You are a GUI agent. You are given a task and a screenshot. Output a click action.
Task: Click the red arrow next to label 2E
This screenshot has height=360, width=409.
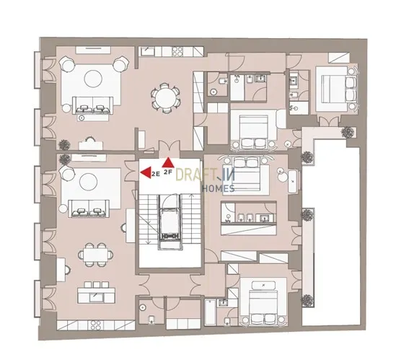click(x=146, y=172)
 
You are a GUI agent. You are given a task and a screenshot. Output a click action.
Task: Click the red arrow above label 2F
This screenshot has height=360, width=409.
click(x=168, y=162)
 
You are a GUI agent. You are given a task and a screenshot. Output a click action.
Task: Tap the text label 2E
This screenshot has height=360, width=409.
click(x=156, y=175)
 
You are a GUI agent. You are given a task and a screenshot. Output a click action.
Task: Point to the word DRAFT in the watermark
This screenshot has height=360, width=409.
click(x=195, y=175)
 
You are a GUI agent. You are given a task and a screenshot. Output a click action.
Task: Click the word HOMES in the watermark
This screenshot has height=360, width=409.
click(x=218, y=188)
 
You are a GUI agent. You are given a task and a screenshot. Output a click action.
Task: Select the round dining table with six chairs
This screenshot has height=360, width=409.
click(x=165, y=98)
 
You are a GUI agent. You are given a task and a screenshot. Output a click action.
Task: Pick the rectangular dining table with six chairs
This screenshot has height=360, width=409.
click(x=96, y=255)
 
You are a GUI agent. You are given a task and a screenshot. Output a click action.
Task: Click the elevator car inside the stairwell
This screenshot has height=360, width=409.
click(x=170, y=221)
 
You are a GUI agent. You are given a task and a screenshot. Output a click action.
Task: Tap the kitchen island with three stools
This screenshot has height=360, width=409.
click(x=96, y=293)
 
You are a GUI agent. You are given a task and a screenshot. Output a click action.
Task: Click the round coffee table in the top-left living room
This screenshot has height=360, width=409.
click(x=93, y=79)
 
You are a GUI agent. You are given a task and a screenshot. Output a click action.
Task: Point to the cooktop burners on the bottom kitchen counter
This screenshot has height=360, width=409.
click(x=95, y=325)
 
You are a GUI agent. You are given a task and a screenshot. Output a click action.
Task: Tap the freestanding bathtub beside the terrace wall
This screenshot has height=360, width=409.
click(x=293, y=182)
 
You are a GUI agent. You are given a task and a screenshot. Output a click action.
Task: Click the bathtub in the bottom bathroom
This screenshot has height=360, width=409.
click(x=210, y=312)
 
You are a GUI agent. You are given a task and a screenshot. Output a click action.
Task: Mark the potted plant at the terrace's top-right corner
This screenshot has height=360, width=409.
click(x=348, y=132)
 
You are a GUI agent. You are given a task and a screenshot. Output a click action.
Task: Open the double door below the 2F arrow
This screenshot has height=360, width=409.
click(x=170, y=149)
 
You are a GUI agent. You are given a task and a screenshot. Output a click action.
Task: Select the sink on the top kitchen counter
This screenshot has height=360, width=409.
click(x=148, y=51)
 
